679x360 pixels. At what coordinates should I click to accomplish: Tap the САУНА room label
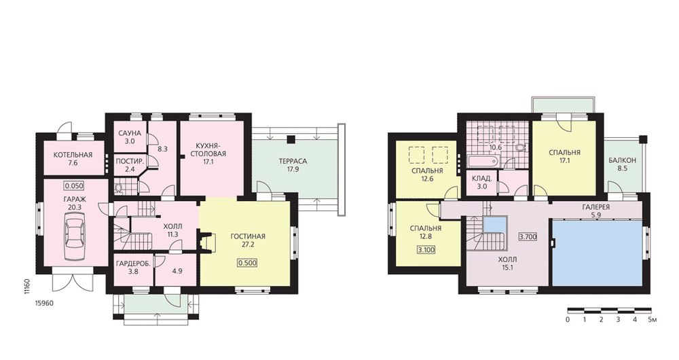[130, 133]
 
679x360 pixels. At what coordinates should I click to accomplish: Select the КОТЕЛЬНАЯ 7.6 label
[73, 159]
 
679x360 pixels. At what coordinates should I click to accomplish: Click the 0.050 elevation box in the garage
[74, 186]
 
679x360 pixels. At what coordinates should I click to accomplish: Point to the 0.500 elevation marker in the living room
[247, 263]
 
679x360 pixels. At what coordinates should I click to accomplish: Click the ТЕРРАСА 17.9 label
[293, 165]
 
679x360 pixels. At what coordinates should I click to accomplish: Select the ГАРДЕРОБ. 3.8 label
[133, 268]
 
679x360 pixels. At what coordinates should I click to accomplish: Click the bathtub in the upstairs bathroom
[483, 162]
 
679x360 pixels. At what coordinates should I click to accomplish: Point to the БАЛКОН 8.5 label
[622, 164]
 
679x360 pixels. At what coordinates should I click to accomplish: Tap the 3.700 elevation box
[528, 236]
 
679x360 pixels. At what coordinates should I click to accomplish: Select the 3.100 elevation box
[426, 250]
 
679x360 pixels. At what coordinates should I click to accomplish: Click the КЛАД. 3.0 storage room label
[482, 183]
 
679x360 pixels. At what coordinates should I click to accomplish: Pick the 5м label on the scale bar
[653, 320]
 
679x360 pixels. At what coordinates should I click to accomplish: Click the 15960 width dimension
[44, 303]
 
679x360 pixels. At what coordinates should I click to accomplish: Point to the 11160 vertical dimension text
[26, 287]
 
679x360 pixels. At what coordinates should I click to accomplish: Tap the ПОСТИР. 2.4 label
[130, 166]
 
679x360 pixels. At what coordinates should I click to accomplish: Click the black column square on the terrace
[291, 139]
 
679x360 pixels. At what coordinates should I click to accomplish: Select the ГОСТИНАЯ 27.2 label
[248, 240]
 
